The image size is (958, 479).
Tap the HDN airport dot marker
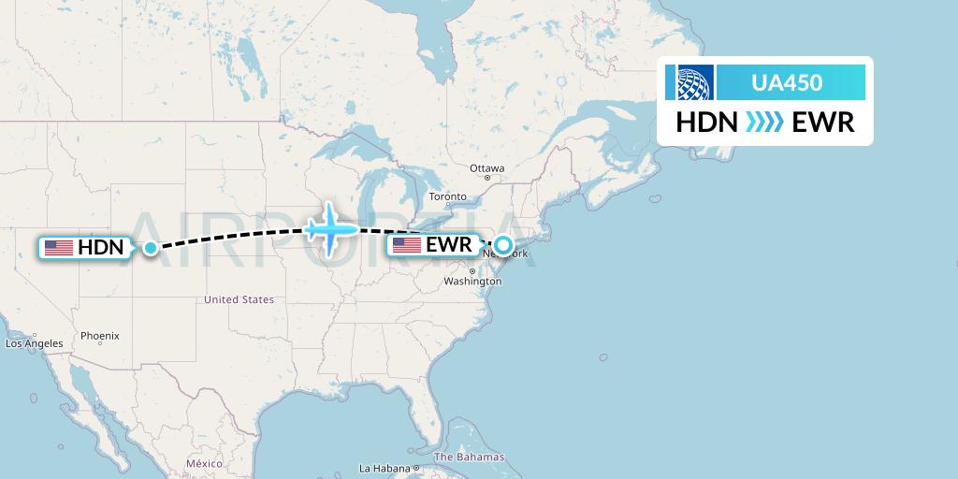[x=151, y=248]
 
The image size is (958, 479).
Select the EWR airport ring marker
[x=503, y=246]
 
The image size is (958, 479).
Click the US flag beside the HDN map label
[x=59, y=248]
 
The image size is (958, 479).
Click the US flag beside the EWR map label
[x=407, y=246]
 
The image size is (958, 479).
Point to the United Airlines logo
[x=689, y=82]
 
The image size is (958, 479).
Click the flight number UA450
[x=787, y=83]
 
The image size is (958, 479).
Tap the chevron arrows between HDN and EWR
[x=764, y=123]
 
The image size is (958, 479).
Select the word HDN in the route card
[x=707, y=123]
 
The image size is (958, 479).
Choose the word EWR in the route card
[x=822, y=123]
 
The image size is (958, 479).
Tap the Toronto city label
[x=447, y=197]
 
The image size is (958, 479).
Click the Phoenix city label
[x=100, y=335]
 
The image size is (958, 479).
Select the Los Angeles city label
[x=35, y=343]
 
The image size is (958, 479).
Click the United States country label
[x=239, y=299]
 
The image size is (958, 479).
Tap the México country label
[x=204, y=463]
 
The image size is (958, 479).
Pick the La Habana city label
[x=385, y=468]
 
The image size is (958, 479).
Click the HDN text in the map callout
[x=100, y=248]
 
